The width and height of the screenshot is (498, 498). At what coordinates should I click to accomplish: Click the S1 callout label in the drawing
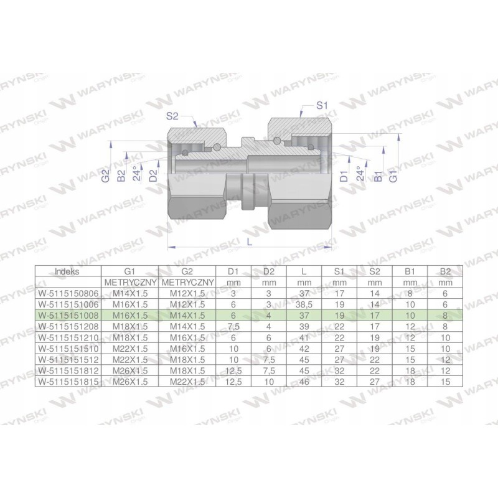(321, 106)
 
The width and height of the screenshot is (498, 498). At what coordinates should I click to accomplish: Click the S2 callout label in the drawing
(174, 115)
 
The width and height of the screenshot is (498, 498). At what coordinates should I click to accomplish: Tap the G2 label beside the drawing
(107, 176)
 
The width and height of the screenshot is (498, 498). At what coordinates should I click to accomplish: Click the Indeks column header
(67, 271)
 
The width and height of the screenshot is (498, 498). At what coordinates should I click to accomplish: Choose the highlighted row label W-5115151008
(67, 316)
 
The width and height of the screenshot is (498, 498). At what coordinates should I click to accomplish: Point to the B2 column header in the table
(444, 271)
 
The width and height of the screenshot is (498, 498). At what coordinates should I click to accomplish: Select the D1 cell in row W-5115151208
(233, 326)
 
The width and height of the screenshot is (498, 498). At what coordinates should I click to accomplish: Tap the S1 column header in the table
(339, 271)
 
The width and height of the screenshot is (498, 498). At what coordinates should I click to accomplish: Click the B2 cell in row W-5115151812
(444, 370)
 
